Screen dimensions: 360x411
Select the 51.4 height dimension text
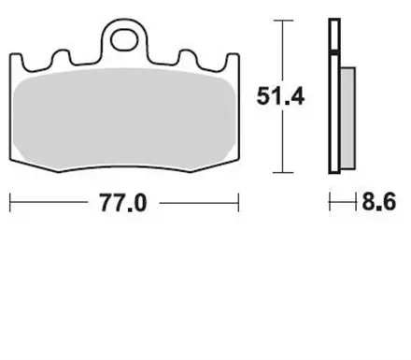(277, 94)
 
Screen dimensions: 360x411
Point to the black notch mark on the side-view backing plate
(333, 57)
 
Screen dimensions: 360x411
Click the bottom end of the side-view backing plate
(333, 170)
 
